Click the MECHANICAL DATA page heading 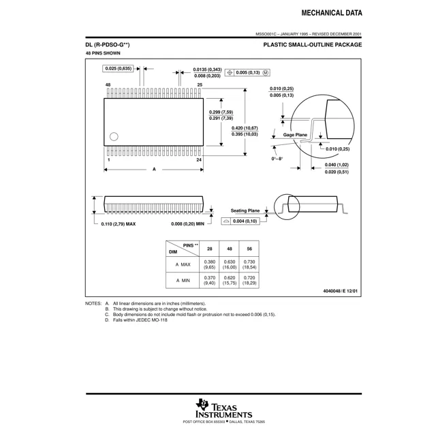[x=332, y=13]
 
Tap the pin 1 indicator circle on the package [x=114, y=136]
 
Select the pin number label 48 [x=108, y=84]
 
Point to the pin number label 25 [x=200, y=84]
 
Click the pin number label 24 [x=199, y=159]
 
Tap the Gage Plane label [x=295, y=135]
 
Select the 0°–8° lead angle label [x=277, y=159]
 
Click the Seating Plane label [x=245, y=211]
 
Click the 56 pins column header [x=249, y=249]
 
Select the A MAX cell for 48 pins [x=230, y=264]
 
